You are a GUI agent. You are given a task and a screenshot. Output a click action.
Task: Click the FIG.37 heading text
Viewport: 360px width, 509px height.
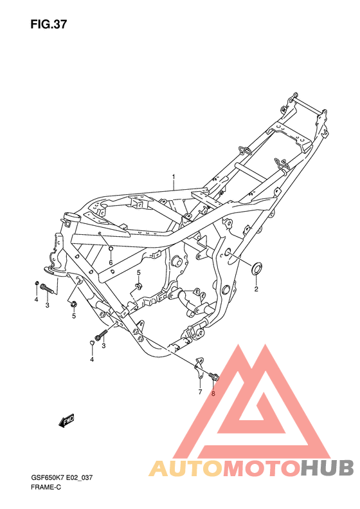pos(48,24)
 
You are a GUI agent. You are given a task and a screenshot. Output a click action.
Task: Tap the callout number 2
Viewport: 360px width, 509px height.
pos(255,290)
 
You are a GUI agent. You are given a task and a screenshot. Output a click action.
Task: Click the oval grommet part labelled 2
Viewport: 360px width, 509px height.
pos(257,268)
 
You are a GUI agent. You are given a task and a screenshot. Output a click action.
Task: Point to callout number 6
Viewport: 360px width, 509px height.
pos(111,263)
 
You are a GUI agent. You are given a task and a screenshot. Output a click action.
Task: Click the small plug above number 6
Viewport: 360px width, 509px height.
pos(111,249)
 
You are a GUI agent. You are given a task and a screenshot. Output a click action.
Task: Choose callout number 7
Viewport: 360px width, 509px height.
pos(199,391)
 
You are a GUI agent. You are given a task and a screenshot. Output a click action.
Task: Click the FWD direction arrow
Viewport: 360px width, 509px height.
pos(67,421)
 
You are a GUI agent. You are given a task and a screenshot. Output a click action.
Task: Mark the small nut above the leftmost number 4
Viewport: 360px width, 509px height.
pos(37,284)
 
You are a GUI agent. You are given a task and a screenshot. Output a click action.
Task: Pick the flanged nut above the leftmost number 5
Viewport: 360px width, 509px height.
pos(73,304)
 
